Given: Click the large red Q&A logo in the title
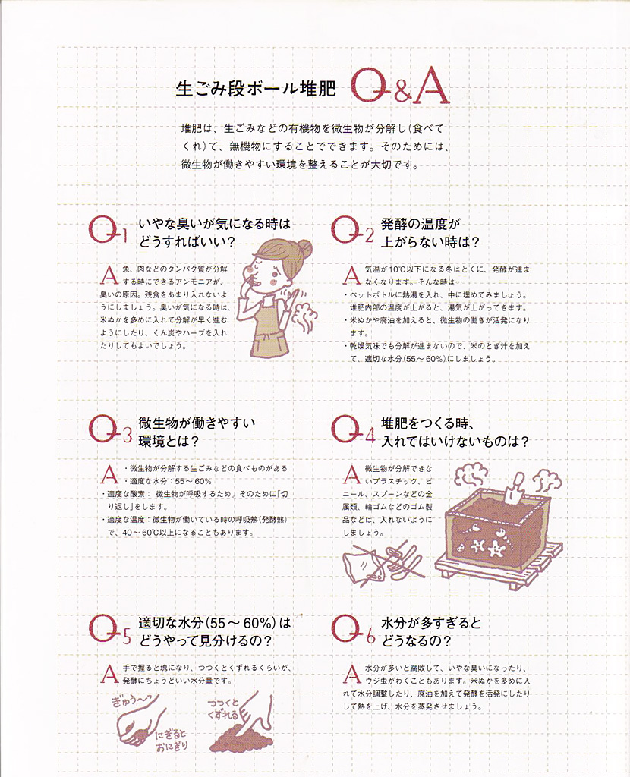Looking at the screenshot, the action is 401,88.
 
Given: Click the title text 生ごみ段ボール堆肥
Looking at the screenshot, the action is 256,89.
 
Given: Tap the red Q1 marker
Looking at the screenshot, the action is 108,230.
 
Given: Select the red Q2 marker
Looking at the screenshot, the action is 352,230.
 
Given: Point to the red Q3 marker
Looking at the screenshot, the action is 109,429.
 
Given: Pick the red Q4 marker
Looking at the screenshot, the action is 353,429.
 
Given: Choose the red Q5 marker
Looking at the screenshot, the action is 109,629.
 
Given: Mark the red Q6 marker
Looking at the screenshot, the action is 353,629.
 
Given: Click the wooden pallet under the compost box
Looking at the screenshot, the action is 499,560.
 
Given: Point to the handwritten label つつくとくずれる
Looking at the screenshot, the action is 224,709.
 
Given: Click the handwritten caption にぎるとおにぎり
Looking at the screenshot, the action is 172,740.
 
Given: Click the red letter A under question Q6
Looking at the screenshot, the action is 351,674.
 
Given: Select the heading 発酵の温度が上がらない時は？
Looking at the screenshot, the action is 430,233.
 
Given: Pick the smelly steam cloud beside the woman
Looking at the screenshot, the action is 304,316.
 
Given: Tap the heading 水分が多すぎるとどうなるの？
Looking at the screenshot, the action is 430,631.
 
